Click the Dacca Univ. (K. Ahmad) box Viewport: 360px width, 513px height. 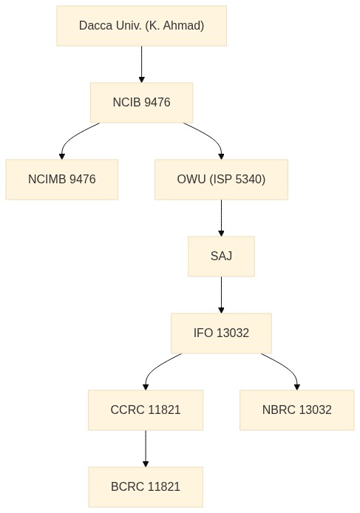coord(141,26)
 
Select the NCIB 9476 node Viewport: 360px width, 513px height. coord(141,103)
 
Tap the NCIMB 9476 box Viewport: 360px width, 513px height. coord(62,180)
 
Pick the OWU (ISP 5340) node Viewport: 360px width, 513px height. coord(221,180)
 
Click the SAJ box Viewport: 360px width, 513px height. coord(221,256)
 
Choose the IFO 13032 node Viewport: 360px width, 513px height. coord(221,333)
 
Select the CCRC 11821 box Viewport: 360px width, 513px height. coord(146,410)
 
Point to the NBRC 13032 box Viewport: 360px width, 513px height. coord(297,410)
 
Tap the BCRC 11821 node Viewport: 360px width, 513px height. coord(146,487)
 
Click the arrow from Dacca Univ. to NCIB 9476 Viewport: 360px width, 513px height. coord(142,64)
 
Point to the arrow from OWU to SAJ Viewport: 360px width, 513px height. coord(221,218)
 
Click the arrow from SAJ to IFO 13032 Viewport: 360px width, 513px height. coord(221,295)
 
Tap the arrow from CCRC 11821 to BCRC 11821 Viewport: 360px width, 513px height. coord(146,449)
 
